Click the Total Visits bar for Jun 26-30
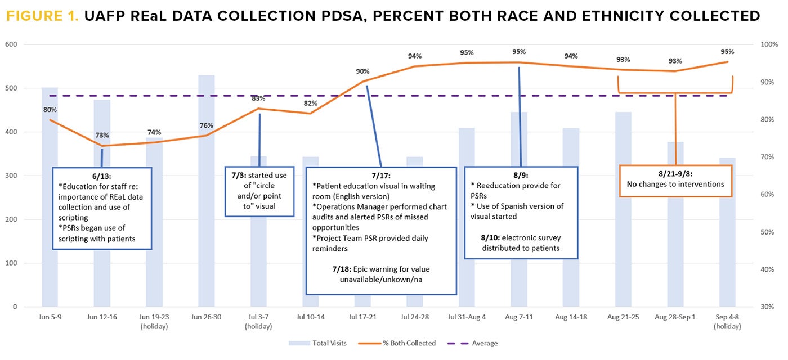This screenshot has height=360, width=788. (206, 191)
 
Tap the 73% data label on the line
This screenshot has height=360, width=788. (102, 136)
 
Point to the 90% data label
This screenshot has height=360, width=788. (362, 71)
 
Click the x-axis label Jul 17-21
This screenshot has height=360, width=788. (362, 317)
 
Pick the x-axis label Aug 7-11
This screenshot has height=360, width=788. (519, 317)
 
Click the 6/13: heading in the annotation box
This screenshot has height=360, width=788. (102, 176)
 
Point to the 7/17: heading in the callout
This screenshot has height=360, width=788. (381, 175)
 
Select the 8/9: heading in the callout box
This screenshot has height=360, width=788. (521, 175)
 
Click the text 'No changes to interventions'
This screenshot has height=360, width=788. (675, 184)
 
